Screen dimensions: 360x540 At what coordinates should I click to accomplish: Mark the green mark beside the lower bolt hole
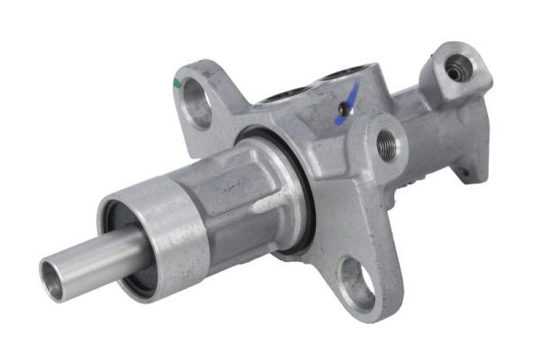[x=342, y=266]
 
